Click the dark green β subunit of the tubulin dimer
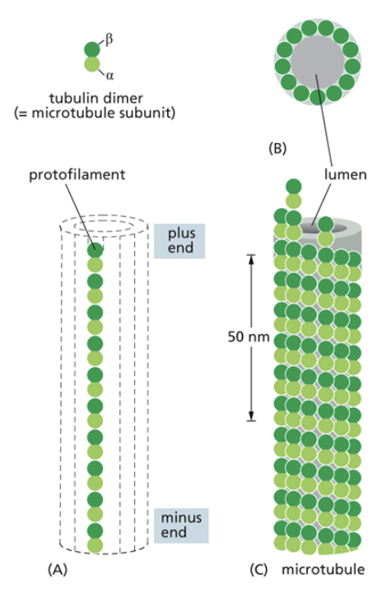click(x=91, y=50)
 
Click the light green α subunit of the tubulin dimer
click(x=92, y=66)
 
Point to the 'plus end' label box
click(x=176, y=238)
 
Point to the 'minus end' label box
click(x=176, y=524)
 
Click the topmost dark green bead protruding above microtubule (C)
click(x=290, y=187)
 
